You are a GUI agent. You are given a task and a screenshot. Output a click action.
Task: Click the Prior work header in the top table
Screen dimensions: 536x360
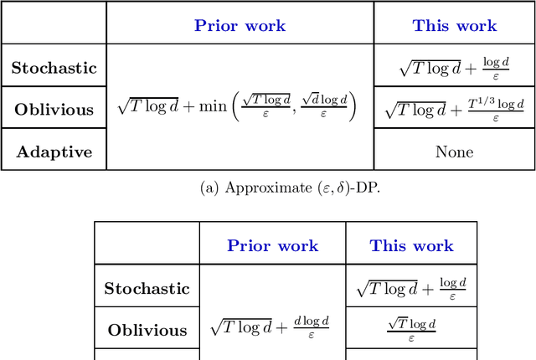pos(240,25)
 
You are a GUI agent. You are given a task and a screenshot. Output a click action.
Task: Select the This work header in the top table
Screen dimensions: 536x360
pos(454,25)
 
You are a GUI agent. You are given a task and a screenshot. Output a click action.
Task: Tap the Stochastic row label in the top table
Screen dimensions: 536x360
pos(54,68)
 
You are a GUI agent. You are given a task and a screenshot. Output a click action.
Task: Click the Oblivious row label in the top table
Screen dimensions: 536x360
pos(54,109)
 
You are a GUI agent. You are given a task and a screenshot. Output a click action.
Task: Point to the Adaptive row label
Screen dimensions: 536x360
pos(54,152)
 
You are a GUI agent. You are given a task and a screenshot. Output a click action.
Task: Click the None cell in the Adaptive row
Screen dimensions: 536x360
pos(454,152)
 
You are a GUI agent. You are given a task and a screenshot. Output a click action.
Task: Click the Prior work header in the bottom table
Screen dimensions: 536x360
pos(272,245)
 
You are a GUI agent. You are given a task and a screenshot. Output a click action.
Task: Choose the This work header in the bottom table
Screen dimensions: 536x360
pos(411,245)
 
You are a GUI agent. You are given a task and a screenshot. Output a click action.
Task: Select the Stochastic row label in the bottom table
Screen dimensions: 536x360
pos(147,289)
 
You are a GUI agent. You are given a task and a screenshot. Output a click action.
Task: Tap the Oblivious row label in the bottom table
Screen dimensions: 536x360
pos(147,330)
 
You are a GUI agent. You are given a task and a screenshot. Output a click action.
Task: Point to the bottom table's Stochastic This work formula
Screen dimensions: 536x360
pos(411,289)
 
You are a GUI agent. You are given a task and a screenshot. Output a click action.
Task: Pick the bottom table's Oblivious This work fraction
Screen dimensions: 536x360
pos(411,329)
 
